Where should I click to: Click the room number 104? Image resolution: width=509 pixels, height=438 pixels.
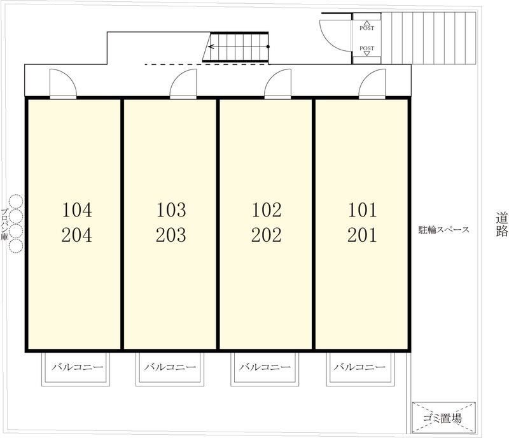coord(77,210)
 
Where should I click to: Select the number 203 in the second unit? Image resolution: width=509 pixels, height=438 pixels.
coord(171,235)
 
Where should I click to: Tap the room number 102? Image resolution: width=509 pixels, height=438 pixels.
coord(267,210)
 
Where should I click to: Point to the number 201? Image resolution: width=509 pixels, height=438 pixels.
coord(362,235)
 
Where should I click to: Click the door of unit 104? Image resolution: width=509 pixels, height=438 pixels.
coord(63,83)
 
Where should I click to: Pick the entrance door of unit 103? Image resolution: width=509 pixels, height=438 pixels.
coord(183,83)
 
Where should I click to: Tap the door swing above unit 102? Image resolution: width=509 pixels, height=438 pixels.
coord(277,83)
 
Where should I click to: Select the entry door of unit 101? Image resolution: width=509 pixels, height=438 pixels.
coord(372,83)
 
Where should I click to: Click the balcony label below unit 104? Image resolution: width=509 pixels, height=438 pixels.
coord(77,367)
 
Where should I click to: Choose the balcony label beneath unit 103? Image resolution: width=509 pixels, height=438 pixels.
coord(170,367)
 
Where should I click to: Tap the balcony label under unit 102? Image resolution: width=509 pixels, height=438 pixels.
coord(265,367)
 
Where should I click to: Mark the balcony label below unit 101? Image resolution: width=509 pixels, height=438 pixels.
coord(359,367)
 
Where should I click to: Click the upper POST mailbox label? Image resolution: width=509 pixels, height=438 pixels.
coord(367,28)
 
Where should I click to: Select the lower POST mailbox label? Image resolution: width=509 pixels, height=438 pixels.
coord(367,48)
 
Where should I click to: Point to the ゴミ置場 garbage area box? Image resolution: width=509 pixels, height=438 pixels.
coord(443,418)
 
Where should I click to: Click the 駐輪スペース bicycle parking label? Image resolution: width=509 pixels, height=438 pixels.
coord(443,230)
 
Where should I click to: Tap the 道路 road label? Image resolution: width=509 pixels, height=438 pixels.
coord(501,224)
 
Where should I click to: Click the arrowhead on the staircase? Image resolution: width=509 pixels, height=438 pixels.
coord(211,46)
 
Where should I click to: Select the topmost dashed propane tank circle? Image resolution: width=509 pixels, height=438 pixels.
coord(16,201)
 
